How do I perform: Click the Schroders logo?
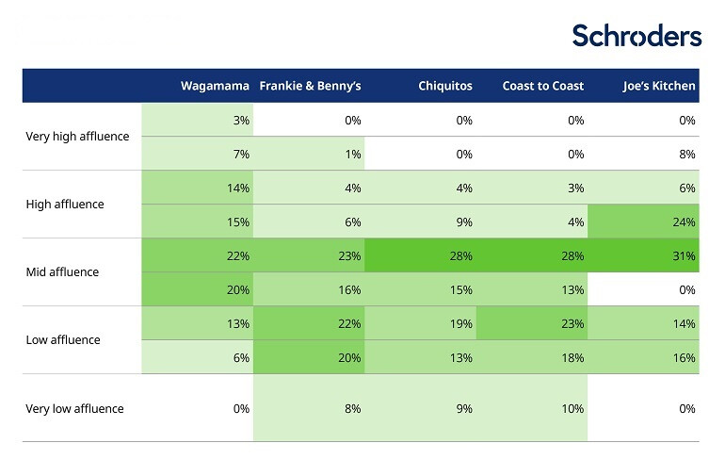coord(636,36)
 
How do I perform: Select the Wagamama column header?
coord(215,86)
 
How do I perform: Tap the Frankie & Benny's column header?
coord(310,86)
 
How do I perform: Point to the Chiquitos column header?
coord(445,86)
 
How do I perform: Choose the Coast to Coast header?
coord(542,86)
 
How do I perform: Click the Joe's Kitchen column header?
coord(659,86)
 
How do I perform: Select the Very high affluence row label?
coord(77,137)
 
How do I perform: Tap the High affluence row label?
coord(65,205)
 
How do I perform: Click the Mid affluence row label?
coord(62,272)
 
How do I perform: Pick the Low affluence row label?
coord(63,340)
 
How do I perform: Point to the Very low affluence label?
coord(74,409)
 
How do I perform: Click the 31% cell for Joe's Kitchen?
coord(685,255)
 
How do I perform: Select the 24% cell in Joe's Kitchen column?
coord(685,222)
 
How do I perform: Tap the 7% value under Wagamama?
coord(241,155)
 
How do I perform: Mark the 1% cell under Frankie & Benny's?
coord(352,155)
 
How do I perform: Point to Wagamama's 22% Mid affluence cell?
coord(238,255)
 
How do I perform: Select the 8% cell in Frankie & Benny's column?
coord(352,409)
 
